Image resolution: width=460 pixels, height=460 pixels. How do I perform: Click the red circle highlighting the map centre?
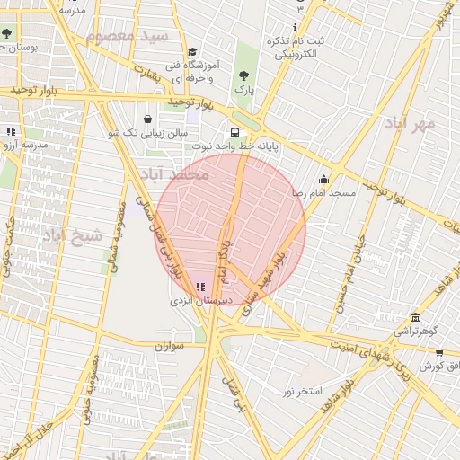point(231,229)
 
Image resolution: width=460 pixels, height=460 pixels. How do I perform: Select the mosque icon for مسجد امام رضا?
point(323,179)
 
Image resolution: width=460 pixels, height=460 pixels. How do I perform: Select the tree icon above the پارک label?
point(244,75)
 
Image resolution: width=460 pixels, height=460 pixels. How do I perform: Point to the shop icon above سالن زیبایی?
point(147,119)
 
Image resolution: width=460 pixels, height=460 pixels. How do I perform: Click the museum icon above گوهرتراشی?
point(415,318)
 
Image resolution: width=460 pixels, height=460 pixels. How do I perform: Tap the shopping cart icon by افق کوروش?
point(439,353)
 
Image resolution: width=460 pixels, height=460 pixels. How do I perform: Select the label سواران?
point(168,345)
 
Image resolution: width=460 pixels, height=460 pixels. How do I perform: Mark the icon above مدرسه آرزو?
point(12,131)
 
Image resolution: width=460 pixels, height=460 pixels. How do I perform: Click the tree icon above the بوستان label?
point(7,33)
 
